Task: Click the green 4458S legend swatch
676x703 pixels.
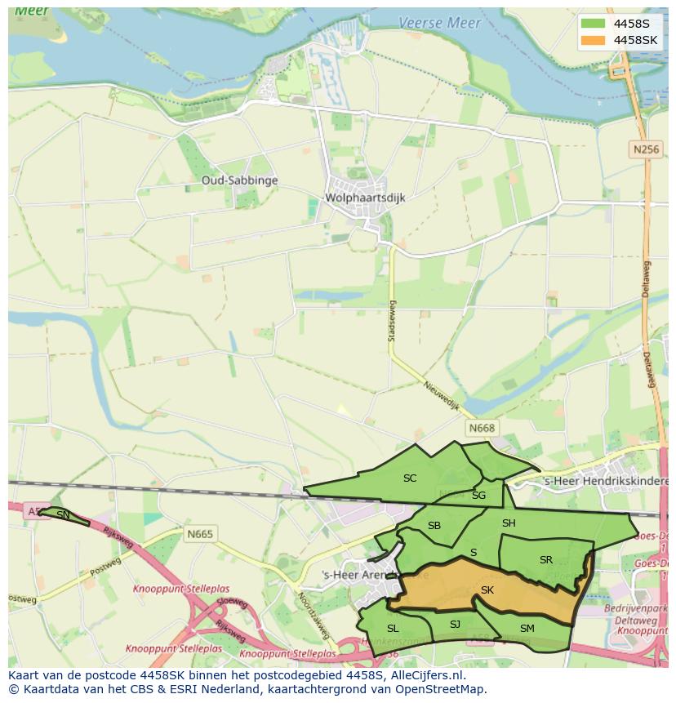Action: tap(594, 24)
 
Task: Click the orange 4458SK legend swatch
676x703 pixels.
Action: tap(594, 40)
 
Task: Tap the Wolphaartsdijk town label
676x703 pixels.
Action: tap(365, 198)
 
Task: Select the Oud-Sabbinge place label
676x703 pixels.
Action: tap(240, 180)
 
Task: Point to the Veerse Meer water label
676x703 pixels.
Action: tap(439, 24)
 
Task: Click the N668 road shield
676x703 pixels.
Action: tap(482, 428)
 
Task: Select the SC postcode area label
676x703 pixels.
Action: tap(410, 478)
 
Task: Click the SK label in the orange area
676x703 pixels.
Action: tap(487, 590)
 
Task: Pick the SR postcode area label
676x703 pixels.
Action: tap(546, 560)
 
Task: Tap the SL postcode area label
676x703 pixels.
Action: tap(393, 628)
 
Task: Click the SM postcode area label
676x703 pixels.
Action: tap(527, 628)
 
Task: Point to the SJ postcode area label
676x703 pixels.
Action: tap(455, 625)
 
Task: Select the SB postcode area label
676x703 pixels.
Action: tap(434, 525)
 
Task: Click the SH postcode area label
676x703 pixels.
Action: tap(509, 523)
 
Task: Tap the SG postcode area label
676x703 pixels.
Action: tap(478, 495)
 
